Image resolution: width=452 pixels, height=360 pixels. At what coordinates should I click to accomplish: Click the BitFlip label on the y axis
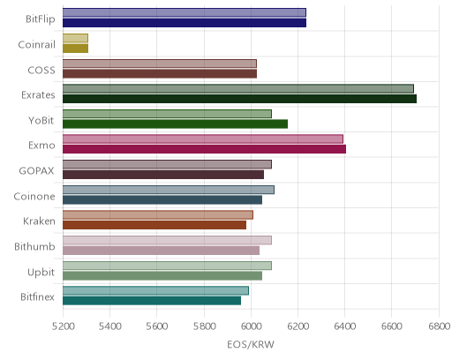[x=41, y=19]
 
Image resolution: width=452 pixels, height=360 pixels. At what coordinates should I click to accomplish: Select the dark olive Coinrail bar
[x=75, y=49]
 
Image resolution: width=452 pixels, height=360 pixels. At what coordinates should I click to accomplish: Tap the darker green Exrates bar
[x=239, y=99]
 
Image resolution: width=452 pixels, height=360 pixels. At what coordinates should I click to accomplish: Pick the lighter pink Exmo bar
[x=203, y=139]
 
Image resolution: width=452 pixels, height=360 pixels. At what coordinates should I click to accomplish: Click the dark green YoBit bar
[x=175, y=124]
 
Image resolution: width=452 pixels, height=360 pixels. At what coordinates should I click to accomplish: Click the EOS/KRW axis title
[x=251, y=344]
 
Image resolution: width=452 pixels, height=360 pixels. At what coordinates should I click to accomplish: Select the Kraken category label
[x=39, y=221]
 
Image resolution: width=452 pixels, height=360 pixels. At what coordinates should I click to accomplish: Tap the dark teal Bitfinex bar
[x=152, y=301]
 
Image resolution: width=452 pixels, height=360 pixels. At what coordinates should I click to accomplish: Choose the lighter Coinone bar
[x=169, y=190]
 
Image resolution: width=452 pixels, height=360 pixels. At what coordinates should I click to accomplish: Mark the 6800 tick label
[x=439, y=326]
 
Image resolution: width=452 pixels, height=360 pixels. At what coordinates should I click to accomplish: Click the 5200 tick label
[x=63, y=326]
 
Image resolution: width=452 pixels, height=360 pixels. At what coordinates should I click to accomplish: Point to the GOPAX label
[x=36, y=171]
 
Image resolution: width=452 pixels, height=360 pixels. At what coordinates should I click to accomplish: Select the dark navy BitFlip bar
[x=185, y=23]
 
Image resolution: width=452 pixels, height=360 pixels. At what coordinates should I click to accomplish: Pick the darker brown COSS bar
[x=160, y=74]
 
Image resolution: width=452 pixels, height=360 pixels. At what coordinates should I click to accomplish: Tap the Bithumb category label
[x=34, y=246]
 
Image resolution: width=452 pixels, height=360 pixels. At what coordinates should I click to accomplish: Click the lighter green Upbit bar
[x=167, y=266]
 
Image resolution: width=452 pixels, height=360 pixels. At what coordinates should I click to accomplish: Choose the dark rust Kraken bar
[x=154, y=225]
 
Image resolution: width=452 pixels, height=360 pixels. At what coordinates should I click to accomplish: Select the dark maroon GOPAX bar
[x=163, y=175]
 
